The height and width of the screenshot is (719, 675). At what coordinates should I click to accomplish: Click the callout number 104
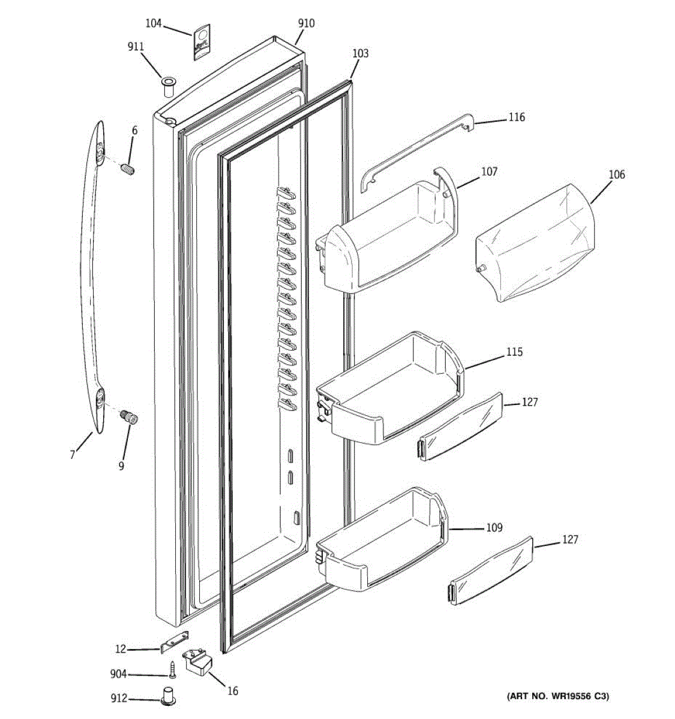[x=154, y=23]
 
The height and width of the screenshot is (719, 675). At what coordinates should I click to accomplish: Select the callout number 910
[x=306, y=24]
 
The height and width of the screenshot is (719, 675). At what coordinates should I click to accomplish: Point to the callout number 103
[x=360, y=53]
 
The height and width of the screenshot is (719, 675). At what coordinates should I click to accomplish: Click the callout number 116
[x=517, y=117]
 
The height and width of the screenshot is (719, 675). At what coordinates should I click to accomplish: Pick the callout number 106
[x=617, y=174]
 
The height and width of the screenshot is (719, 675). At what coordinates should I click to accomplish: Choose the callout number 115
[x=514, y=352]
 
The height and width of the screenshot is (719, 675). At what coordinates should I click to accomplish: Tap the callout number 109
[x=494, y=528]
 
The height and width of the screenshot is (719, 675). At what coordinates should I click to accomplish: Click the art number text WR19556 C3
[x=558, y=696]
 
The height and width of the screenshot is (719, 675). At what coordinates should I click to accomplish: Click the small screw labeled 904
[x=171, y=667]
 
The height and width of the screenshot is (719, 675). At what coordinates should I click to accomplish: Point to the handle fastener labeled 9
[x=128, y=416]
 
